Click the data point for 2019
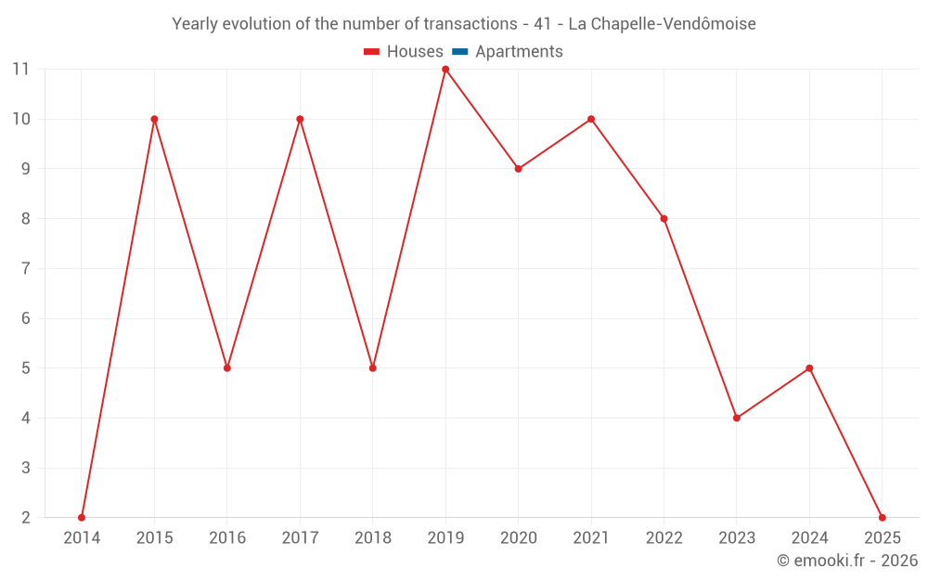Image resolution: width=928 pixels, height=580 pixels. pyautogui.click(x=445, y=70)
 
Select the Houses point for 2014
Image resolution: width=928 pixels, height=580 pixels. pyautogui.click(x=82, y=518)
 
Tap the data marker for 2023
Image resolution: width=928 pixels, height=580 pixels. pyautogui.click(x=737, y=418)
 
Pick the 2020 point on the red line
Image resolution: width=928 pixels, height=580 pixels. pyautogui.click(x=519, y=169)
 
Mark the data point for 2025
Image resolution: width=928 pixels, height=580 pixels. pyautogui.click(x=882, y=518)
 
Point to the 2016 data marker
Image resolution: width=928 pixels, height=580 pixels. pyautogui.click(x=227, y=368)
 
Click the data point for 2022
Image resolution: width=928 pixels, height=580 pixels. pyautogui.click(x=664, y=219)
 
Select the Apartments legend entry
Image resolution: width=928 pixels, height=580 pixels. pyautogui.click(x=519, y=52)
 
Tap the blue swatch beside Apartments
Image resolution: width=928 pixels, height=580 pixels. pyautogui.click(x=460, y=52)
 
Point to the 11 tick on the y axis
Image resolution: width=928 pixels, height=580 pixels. pyautogui.click(x=21, y=70)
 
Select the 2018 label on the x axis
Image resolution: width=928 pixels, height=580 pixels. pyautogui.click(x=373, y=538)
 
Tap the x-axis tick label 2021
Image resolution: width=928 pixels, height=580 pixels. pyautogui.click(x=591, y=538)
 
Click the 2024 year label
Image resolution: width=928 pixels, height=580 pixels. pyautogui.click(x=809, y=538)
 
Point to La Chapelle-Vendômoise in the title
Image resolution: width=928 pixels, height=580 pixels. pyautogui.click(x=662, y=24)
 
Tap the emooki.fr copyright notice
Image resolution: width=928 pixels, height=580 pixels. pyautogui.click(x=846, y=561)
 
